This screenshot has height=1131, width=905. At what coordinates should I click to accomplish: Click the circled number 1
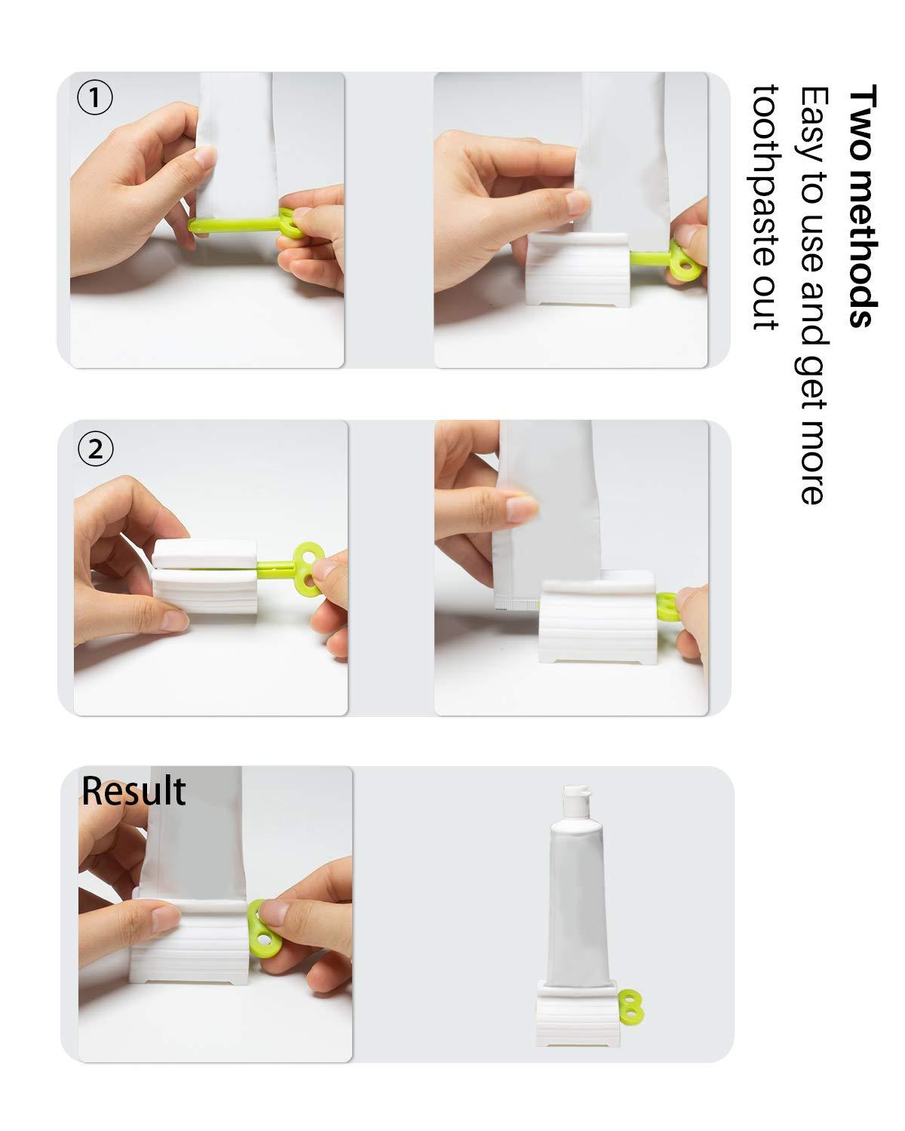click(x=95, y=98)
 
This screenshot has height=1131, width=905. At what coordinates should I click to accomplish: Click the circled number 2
click(x=95, y=449)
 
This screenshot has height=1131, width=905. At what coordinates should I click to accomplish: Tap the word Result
click(x=133, y=791)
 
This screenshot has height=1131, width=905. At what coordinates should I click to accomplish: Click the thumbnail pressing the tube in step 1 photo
click(x=204, y=158)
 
